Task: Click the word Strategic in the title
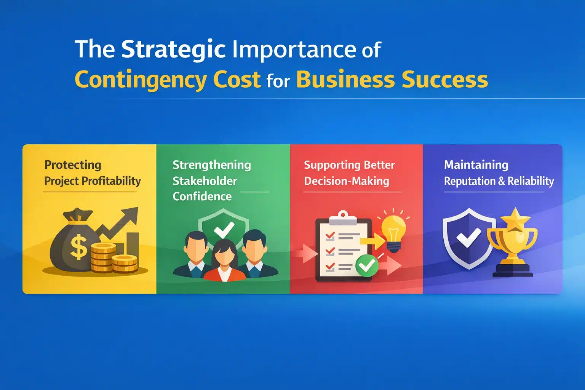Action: click(x=173, y=50)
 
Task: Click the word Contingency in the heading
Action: click(x=141, y=80)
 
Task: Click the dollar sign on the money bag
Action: click(x=79, y=247)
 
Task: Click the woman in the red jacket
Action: click(x=225, y=263)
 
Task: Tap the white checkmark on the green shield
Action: click(x=224, y=229)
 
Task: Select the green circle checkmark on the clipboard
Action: click(x=367, y=265)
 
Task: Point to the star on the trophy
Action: click(x=515, y=219)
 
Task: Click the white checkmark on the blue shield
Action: click(x=468, y=238)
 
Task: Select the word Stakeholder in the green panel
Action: click(x=205, y=181)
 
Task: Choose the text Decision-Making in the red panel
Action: click(x=347, y=181)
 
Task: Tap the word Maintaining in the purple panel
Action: click(x=476, y=165)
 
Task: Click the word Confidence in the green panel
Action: click(x=202, y=197)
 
